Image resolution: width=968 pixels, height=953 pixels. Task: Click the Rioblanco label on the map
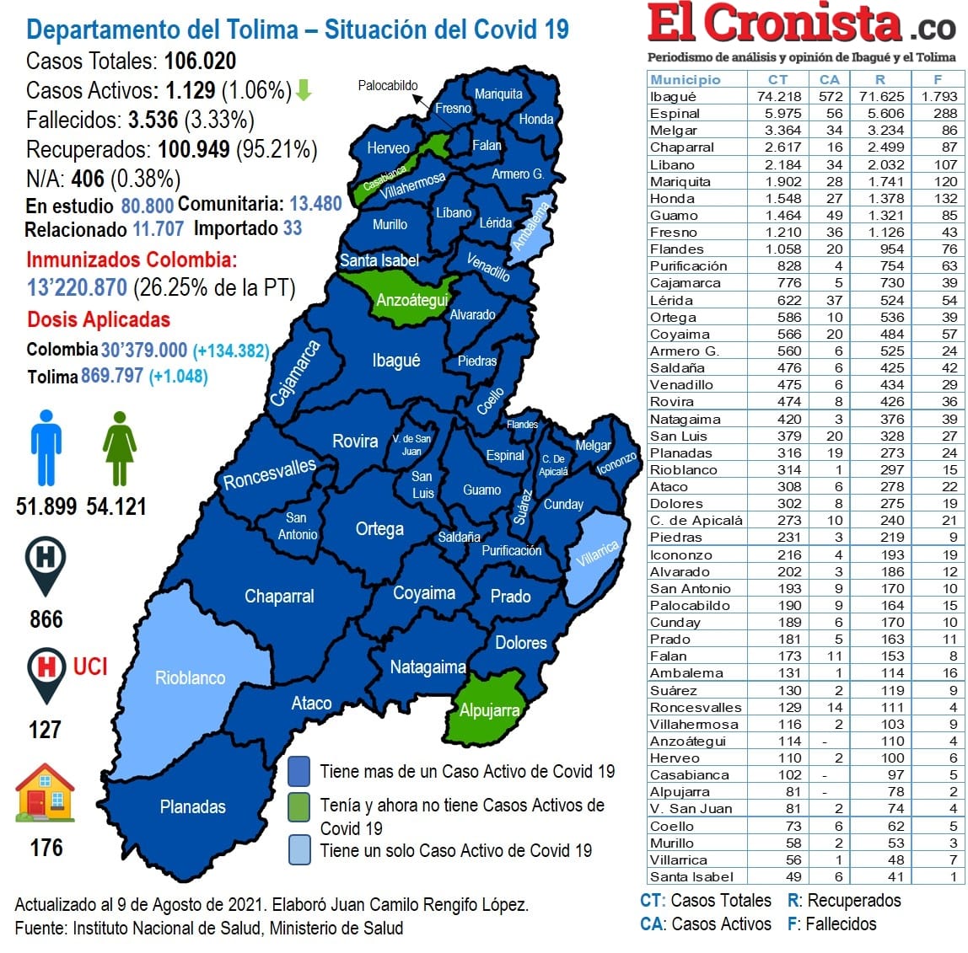(190, 678)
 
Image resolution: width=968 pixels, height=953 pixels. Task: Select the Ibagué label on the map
(395, 361)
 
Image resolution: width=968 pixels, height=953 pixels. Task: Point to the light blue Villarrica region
(597, 555)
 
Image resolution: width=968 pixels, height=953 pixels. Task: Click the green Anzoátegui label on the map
(411, 301)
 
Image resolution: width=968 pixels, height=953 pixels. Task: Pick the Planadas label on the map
(192, 807)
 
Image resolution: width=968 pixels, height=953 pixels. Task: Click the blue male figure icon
(46, 447)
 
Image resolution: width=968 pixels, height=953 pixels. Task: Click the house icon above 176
(45, 793)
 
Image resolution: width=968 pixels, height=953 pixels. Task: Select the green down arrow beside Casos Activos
(304, 90)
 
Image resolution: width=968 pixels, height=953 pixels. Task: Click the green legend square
(298, 806)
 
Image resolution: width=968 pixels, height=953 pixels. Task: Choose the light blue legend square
(298, 849)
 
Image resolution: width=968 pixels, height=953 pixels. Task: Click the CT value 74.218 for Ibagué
(778, 97)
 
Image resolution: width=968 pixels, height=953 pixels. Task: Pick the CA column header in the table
(829, 79)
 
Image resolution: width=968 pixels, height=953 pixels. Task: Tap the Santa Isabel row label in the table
(691, 877)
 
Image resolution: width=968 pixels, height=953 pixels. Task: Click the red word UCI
(90, 667)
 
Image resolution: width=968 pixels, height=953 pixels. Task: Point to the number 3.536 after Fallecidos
(153, 120)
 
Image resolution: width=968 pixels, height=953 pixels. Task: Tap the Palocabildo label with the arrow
(387, 86)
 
